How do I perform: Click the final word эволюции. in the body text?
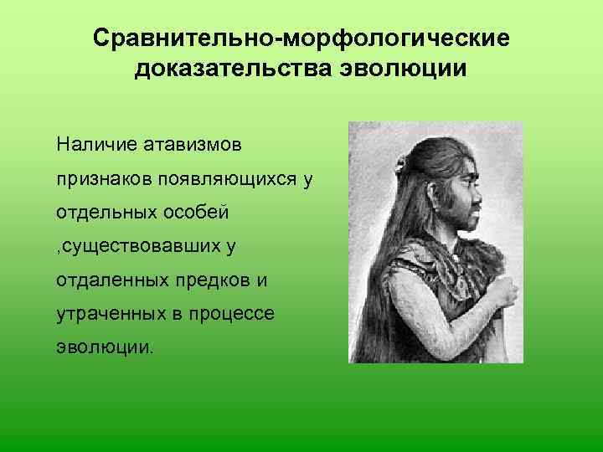105,347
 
